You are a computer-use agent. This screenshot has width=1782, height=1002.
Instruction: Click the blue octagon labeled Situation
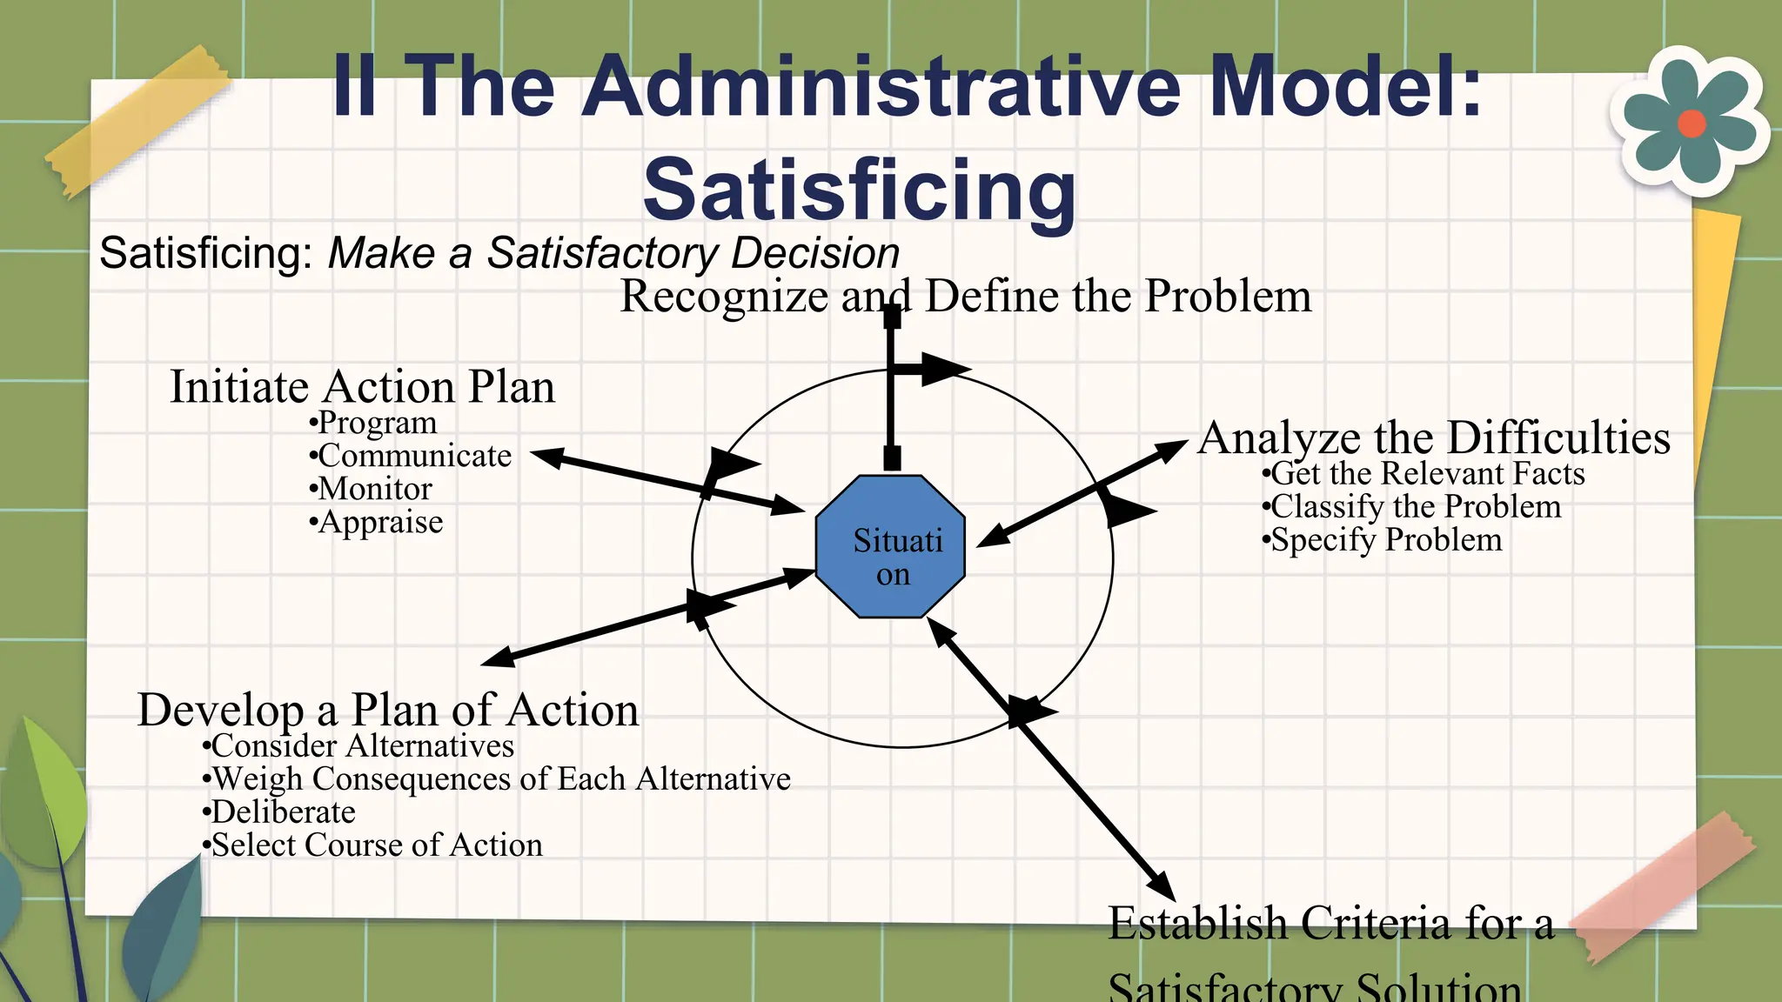point(890,546)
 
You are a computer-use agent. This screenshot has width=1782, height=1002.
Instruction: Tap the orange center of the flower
point(1691,124)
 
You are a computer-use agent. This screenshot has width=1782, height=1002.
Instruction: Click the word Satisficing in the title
point(860,190)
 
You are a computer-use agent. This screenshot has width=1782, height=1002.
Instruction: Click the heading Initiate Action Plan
point(362,386)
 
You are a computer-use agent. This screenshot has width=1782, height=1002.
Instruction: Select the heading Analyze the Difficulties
point(1434,438)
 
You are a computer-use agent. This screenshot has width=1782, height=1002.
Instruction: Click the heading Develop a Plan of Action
point(388,710)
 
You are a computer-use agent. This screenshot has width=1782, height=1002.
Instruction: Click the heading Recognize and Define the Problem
point(965,296)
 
